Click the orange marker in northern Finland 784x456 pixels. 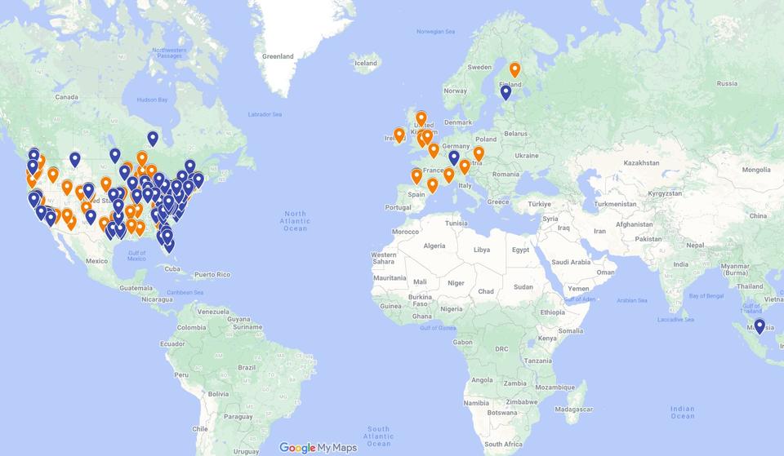pos(514,69)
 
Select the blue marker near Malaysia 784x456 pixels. pos(759,326)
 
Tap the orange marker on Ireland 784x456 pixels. pos(399,135)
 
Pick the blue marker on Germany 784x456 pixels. pos(454,157)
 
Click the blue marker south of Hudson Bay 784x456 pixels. pos(153,138)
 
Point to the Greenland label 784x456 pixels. pos(278,56)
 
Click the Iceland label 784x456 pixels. pos(365,63)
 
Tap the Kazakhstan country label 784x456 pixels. pos(641,163)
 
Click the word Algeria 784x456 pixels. pos(434,246)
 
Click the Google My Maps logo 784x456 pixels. pos(318,448)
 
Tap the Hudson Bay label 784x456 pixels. pos(153,100)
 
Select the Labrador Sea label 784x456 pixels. pos(265,114)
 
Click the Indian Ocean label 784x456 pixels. pos(682,413)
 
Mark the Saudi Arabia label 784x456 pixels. pos(570,262)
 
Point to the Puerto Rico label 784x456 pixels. pos(212,275)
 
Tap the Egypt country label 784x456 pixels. pos(520,250)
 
